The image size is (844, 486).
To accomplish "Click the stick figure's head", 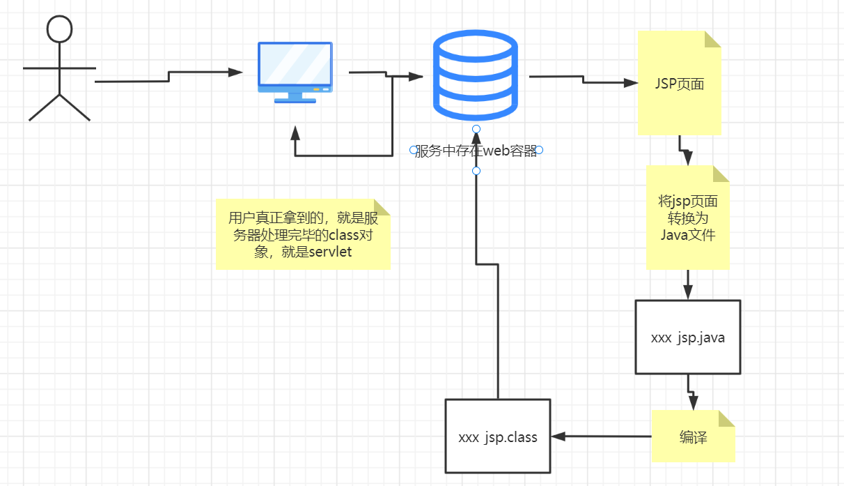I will pos(59,29).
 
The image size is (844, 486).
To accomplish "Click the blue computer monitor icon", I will pos(295,67).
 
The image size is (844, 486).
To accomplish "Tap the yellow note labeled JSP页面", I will pos(680,84).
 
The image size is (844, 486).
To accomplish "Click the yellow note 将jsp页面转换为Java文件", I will pos(687,218).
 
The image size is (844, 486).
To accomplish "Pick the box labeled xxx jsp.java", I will pos(687,337).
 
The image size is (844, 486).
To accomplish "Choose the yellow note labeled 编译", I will pos(693,437).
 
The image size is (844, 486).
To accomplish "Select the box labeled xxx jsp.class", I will pos(497,437).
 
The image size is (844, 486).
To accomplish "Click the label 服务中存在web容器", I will pos(476,151).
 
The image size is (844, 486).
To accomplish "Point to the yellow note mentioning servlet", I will pos(303,234).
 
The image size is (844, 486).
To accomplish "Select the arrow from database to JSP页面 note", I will pos(584,79).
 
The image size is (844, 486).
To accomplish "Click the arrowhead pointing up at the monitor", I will pos(295,132).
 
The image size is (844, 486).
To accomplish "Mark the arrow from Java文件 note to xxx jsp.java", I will pos(688,284).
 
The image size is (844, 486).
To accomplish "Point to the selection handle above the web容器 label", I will pos(476,129).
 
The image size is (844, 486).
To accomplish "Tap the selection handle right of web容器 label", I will pos(539,150).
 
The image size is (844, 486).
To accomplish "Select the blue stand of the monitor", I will pos(295,98).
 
